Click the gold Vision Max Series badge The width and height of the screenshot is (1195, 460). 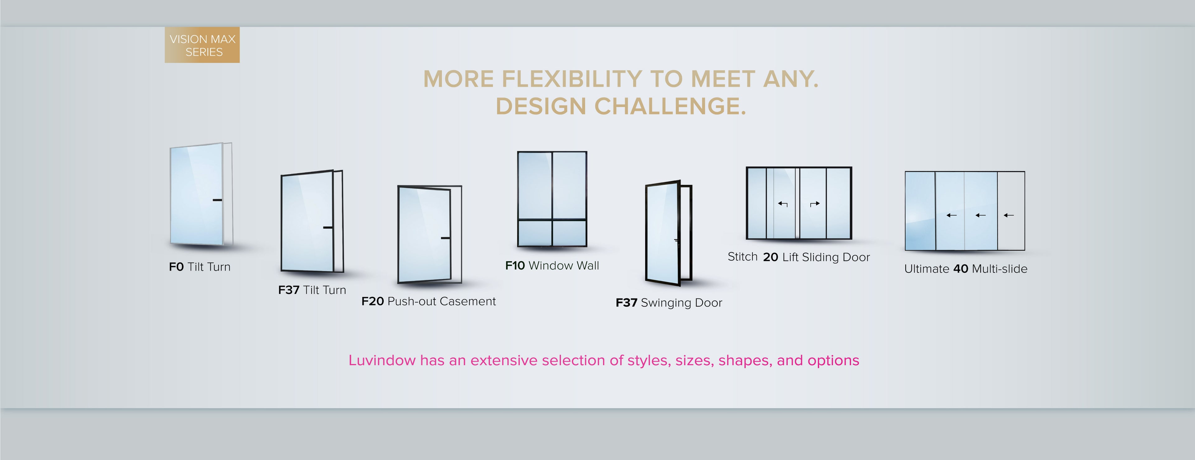pyautogui.click(x=202, y=45)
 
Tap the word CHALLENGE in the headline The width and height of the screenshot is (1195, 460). pyautogui.click(x=670, y=107)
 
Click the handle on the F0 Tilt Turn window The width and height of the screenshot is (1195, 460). pyautogui.click(x=217, y=200)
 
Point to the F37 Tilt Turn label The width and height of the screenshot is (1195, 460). pyautogui.click(x=312, y=290)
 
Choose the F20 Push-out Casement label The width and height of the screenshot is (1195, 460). pyautogui.click(x=429, y=301)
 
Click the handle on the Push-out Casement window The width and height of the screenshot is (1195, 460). pyautogui.click(x=445, y=238)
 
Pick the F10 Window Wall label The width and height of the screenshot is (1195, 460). pyautogui.click(x=552, y=266)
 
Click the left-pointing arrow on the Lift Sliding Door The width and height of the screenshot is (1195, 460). pyautogui.click(x=783, y=204)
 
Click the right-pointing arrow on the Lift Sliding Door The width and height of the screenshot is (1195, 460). pyautogui.click(x=815, y=204)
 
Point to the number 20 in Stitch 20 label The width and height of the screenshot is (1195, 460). pyautogui.click(x=771, y=257)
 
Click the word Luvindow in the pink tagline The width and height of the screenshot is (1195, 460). pyautogui.click(x=382, y=360)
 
